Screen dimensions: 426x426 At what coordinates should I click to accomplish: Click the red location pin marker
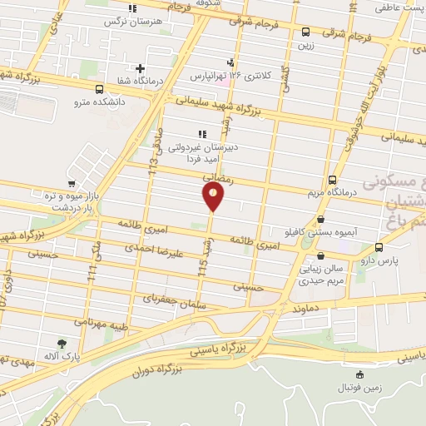213,196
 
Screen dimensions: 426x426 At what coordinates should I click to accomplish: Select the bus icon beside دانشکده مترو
100,90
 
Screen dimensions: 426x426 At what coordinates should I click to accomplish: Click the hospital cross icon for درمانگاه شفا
140,68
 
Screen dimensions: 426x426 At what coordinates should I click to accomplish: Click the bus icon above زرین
307,33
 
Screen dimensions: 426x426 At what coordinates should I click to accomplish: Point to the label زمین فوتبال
358,388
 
